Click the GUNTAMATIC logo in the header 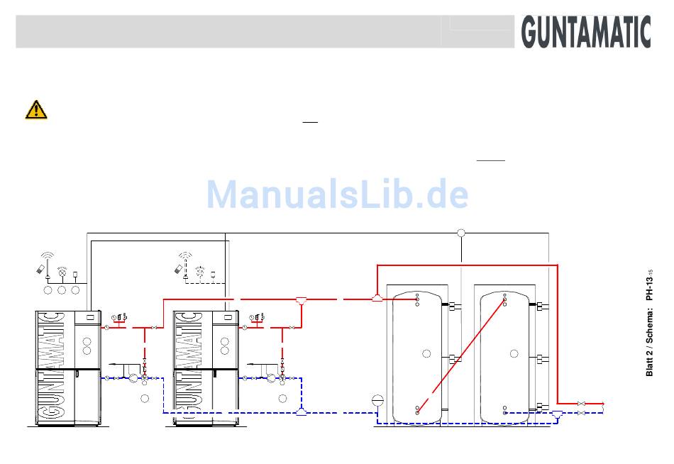[586, 32]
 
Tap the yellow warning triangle [36, 109]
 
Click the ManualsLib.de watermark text [337, 194]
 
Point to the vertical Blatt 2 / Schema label [649, 324]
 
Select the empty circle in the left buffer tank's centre [426, 353]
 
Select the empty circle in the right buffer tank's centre [514, 353]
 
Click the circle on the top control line [461, 233]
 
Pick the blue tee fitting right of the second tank [558, 414]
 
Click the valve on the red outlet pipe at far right [582, 404]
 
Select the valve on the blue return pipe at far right [582, 412]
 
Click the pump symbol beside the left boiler [133, 378]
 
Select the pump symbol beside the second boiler [270, 378]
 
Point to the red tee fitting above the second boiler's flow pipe [302, 299]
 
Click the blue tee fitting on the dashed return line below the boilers [302, 412]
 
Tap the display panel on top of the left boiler [89, 316]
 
